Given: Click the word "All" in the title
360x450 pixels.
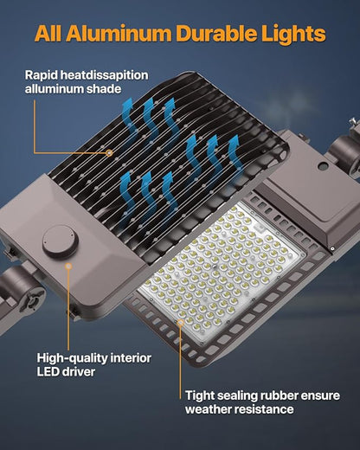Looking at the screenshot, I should (x=51, y=35).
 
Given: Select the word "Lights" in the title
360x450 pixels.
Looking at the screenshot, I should (x=294, y=35).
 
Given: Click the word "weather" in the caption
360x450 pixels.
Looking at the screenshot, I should (x=210, y=409).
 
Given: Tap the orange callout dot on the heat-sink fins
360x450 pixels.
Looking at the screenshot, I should (x=110, y=152).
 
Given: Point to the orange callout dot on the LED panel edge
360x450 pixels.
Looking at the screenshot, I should (x=179, y=322).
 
